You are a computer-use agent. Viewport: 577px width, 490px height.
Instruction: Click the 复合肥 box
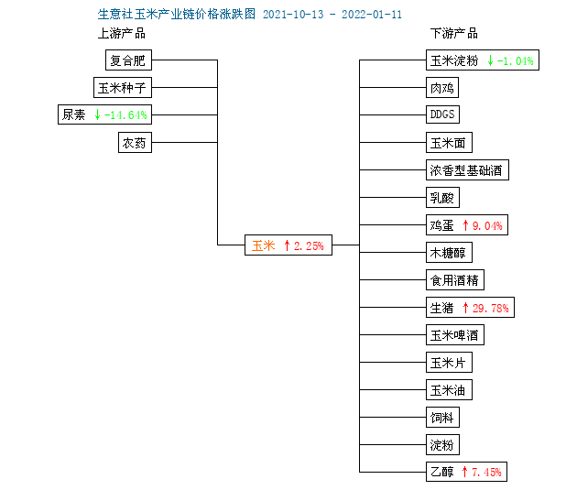tap(128, 60)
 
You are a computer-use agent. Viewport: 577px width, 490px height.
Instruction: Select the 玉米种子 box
tap(123, 88)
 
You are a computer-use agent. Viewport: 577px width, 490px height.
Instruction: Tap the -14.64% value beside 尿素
tap(125, 115)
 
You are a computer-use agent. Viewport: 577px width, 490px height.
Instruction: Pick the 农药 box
tap(135, 142)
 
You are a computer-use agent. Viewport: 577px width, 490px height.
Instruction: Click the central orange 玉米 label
tap(264, 245)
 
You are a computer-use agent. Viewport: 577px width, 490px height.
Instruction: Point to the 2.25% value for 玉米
tap(309, 245)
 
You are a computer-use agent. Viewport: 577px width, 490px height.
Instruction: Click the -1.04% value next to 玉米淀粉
tap(515, 60)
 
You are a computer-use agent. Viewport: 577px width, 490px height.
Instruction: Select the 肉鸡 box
tap(442, 88)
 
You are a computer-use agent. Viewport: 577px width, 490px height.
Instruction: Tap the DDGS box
tap(442, 114)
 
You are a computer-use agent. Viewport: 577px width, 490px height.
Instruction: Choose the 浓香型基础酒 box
tap(467, 170)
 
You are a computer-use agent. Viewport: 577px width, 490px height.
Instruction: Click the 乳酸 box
tap(442, 198)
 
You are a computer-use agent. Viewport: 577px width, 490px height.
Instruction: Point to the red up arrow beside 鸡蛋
tap(465, 225)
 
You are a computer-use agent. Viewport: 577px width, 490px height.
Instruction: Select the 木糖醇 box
tap(449, 253)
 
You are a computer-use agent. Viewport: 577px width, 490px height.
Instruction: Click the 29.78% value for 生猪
tap(491, 308)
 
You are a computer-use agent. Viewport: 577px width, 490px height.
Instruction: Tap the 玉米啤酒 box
tap(455, 335)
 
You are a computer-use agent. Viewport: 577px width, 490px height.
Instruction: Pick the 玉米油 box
tap(449, 390)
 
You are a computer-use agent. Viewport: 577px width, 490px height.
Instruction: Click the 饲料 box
tap(442, 417)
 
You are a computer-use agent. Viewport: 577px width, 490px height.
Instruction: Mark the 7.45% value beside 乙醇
tap(486, 472)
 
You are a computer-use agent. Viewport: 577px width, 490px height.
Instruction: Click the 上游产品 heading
tap(122, 34)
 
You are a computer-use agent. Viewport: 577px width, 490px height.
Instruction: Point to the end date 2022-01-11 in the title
tap(372, 15)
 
